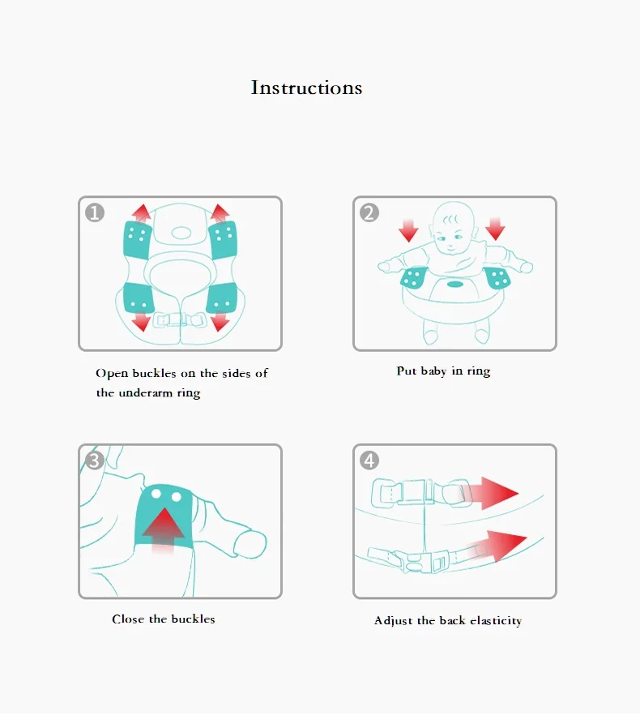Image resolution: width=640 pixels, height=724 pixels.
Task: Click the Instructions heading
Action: (x=306, y=88)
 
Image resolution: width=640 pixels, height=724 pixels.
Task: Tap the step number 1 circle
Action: (x=96, y=213)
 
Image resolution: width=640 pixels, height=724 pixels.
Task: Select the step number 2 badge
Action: (x=369, y=213)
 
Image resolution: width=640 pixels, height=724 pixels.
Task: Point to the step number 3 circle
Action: (x=95, y=461)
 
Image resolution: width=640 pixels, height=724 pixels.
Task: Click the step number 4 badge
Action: (x=369, y=461)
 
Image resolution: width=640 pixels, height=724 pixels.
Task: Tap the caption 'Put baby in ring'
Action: (x=443, y=371)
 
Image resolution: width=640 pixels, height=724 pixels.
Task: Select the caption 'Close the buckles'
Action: (x=164, y=619)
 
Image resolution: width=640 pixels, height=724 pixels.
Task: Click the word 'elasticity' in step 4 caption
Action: (x=495, y=621)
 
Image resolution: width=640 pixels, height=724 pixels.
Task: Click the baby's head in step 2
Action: (x=453, y=227)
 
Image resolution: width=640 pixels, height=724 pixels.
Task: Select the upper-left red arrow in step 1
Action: (x=142, y=213)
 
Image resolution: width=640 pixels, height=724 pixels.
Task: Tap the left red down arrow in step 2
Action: (x=408, y=229)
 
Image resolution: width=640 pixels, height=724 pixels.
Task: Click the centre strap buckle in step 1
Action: (x=181, y=319)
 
